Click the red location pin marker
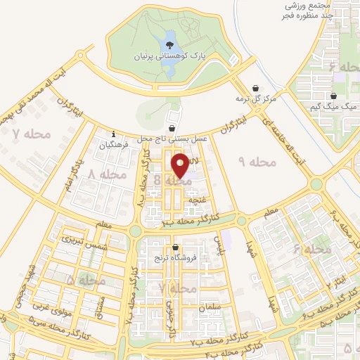(x=180, y=165)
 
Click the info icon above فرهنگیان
(x=113, y=134)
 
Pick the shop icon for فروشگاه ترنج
(x=175, y=247)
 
